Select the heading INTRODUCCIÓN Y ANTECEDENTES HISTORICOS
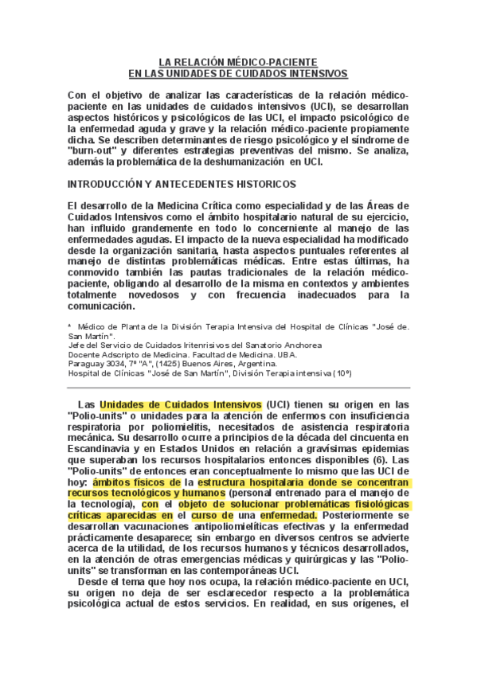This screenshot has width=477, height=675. pos(182,184)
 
